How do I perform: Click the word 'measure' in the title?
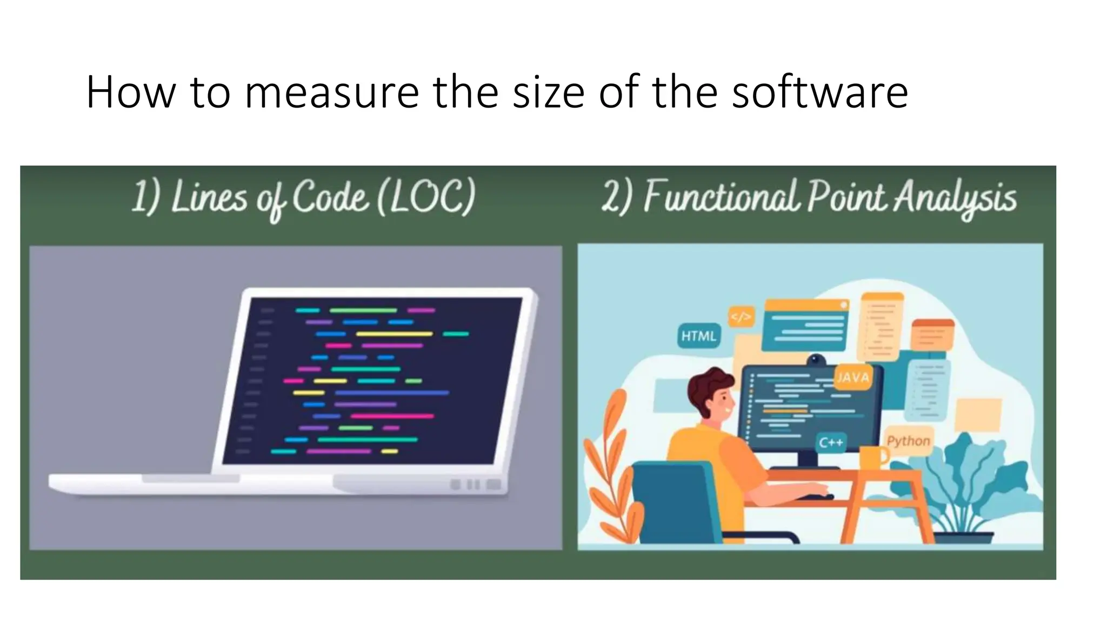(x=331, y=93)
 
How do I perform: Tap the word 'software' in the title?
(x=819, y=93)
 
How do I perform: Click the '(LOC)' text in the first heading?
(x=426, y=197)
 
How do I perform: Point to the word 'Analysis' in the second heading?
(x=955, y=198)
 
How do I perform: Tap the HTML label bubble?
(x=698, y=336)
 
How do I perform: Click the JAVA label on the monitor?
(x=853, y=377)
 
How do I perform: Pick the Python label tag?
(x=908, y=441)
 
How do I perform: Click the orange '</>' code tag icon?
(x=741, y=317)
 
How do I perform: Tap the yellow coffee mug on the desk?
(x=872, y=458)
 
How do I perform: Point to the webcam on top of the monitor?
(x=816, y=360)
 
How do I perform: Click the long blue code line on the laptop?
(x=392, y=393)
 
